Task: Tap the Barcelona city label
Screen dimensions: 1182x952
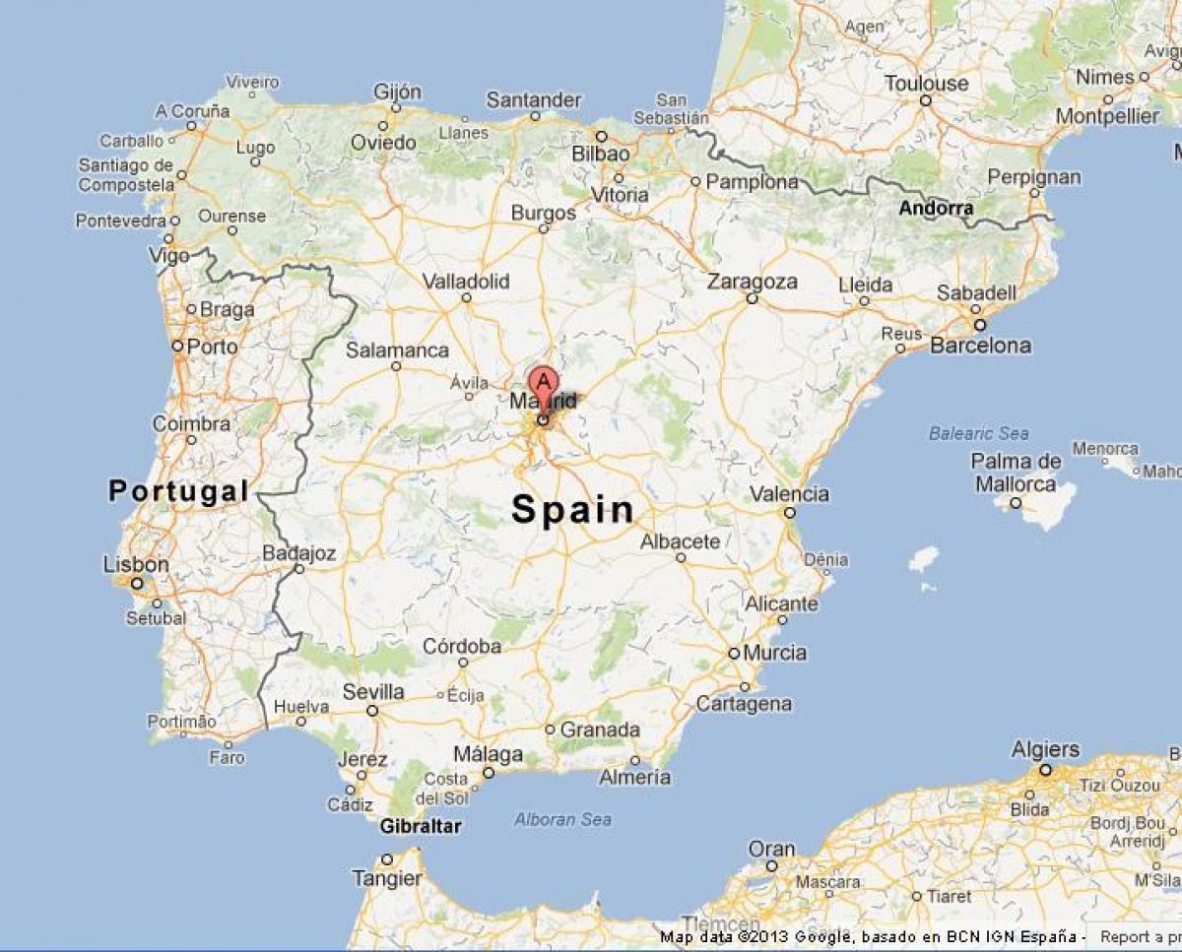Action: coord(980,346)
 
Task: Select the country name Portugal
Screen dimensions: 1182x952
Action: coord(178,490)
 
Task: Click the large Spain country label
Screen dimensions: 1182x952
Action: coord(573,509)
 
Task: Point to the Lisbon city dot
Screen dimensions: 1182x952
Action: coord(137,583)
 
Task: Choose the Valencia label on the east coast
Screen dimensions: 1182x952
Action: coord(789,493)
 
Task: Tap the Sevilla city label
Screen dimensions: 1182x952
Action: coord(373,692)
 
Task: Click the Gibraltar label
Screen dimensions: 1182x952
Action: coord(420,827)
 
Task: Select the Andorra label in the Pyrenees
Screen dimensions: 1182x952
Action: coord(936,209)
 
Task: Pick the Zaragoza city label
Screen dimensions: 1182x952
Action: coord(753,282)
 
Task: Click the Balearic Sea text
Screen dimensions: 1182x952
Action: coord(979,433)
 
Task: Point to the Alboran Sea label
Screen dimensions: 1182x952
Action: coord(562,819)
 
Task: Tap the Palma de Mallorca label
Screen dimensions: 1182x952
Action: coord(1016,473)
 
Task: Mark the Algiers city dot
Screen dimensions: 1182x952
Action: coord(1045,770)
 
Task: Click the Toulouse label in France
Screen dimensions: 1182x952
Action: coord(926,84)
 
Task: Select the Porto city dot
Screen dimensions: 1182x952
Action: coord(177,346)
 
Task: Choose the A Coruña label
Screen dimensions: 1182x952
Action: coord(192,111)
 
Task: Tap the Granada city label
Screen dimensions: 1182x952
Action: coord(600,730)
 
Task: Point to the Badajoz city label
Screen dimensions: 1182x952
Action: coord(298,554)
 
